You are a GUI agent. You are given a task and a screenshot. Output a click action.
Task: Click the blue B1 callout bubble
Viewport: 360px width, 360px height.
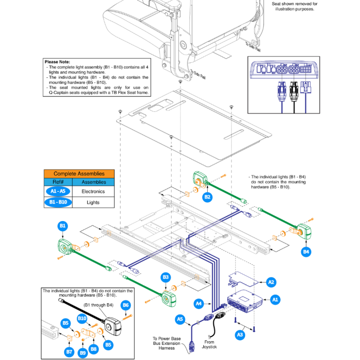point(63,226)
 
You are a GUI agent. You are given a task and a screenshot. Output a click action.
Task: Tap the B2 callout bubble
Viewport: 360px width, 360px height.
point(207,197)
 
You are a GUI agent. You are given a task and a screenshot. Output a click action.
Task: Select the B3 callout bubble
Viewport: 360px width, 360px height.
point(166,277)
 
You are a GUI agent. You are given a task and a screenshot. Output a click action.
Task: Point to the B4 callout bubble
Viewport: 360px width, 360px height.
point(306,252)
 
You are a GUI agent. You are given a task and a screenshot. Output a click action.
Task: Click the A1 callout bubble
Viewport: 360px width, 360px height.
point(275,299)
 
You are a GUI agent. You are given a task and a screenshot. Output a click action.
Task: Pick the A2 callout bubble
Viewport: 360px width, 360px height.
point(272,283)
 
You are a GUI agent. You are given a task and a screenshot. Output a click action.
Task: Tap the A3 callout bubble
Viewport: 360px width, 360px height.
point(240,335)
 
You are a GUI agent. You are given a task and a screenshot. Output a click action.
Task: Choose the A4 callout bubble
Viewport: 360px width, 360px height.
point(199,303)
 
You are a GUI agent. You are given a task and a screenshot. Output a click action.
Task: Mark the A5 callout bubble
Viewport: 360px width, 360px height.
point(181,319)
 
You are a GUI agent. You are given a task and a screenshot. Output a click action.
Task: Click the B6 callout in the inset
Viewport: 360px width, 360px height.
point(126,305)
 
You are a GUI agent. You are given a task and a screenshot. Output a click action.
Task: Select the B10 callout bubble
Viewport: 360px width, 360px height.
point(82,318)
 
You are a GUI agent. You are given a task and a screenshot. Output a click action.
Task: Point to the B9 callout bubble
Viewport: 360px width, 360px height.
point(83,353)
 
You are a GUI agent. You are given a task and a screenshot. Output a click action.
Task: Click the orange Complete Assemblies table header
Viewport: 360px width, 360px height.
point(79,174)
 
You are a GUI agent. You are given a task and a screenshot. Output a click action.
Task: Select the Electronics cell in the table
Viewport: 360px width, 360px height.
point(93,192)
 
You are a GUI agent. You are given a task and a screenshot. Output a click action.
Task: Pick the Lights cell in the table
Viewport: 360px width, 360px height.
point(93,202)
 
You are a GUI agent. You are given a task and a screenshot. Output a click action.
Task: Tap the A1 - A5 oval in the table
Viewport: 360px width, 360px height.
point(58,192)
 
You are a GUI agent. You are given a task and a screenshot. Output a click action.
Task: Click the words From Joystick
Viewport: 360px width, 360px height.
point(209,345)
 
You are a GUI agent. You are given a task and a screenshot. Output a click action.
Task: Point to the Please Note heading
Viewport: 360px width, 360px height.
point(57,62)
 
